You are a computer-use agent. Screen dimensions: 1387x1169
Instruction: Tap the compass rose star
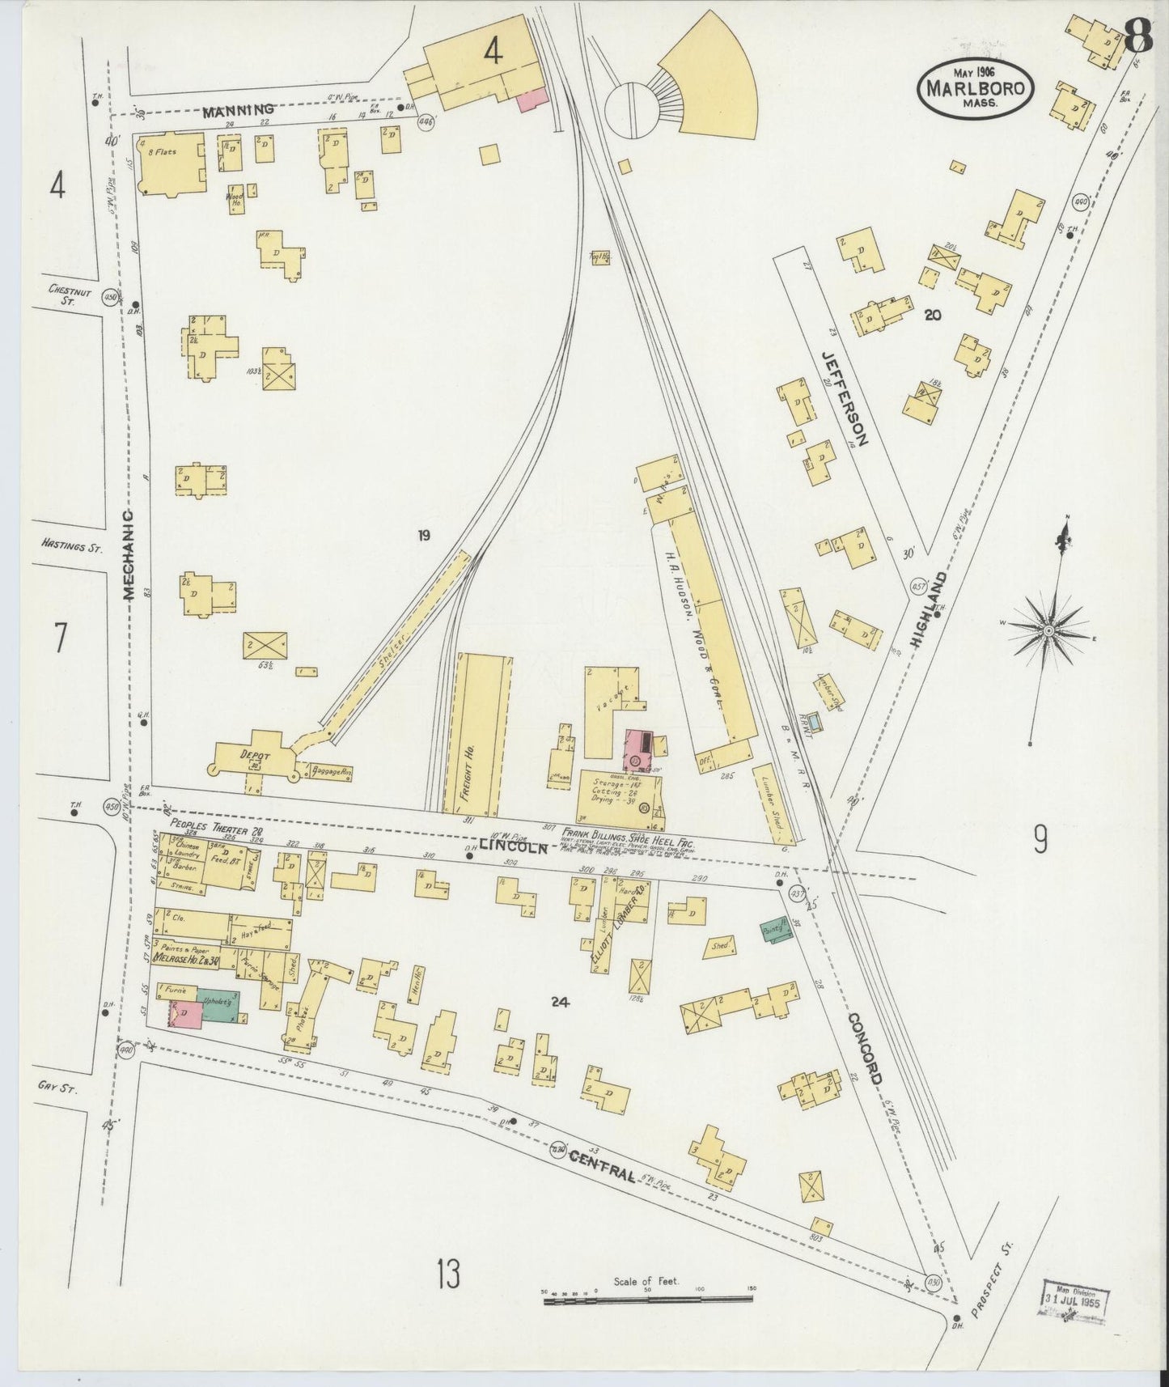tap(1048, 630)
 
